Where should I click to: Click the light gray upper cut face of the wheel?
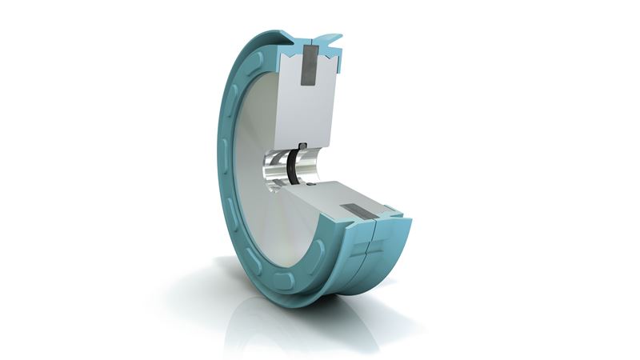point(308,112)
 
